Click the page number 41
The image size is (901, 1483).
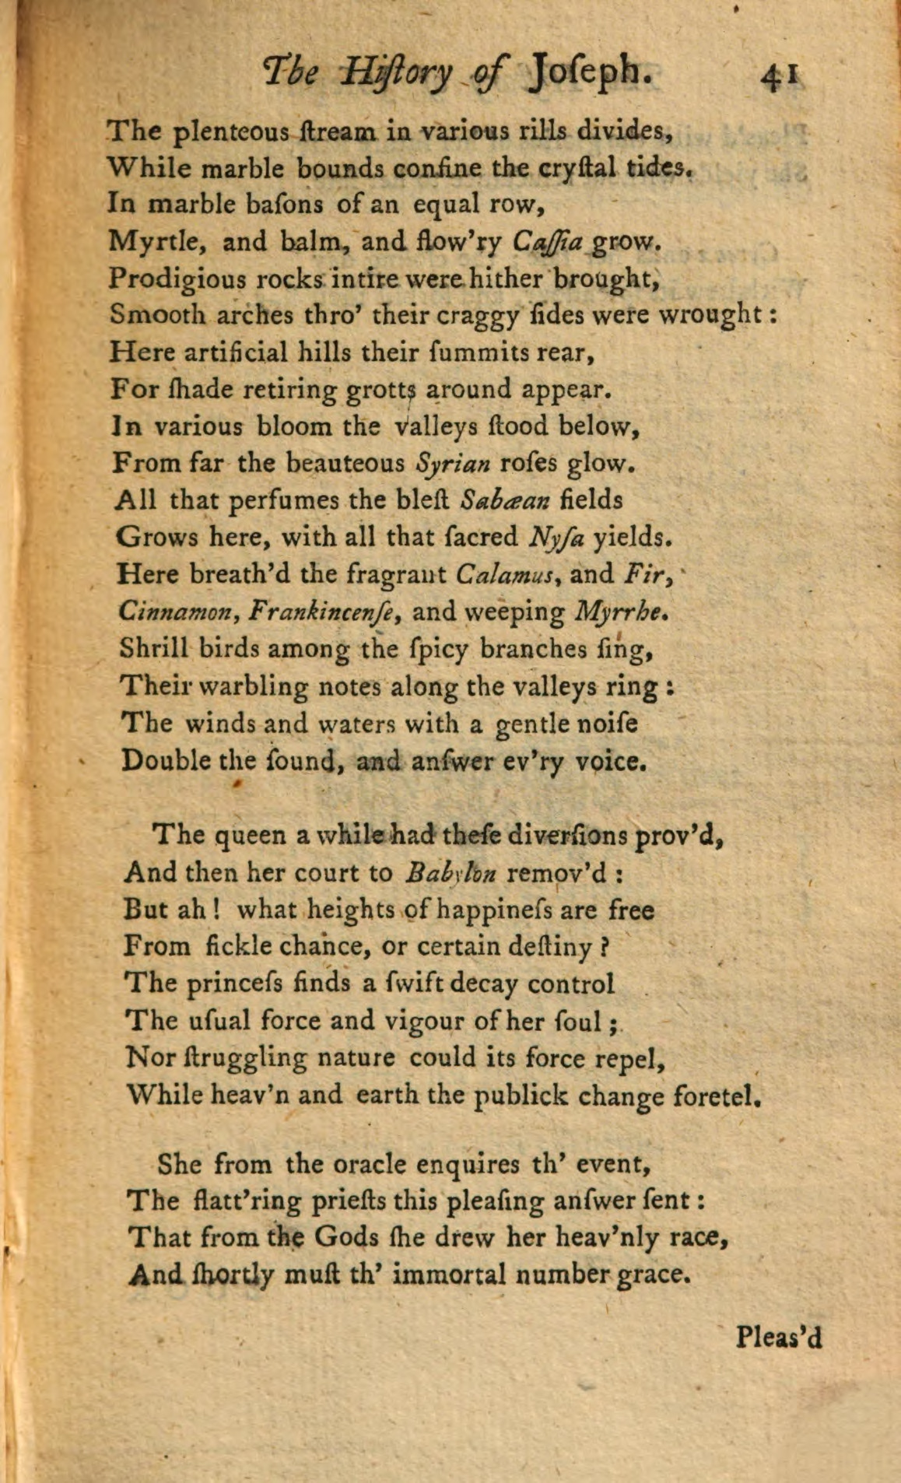(780, 76)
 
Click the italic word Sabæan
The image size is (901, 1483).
(505, 500)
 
